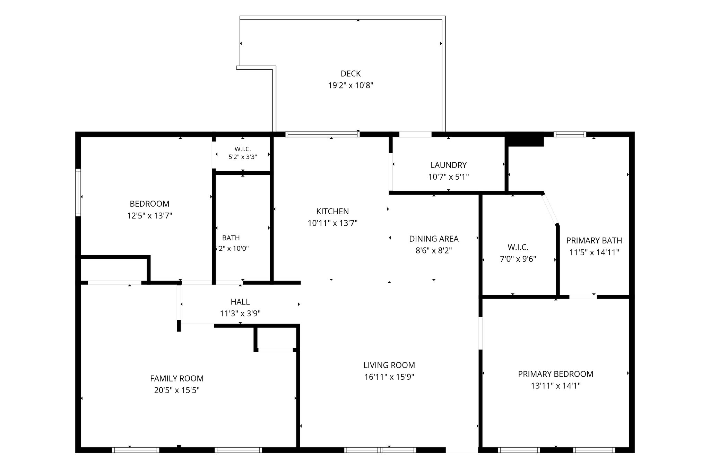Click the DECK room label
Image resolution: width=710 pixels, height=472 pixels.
(350, 74)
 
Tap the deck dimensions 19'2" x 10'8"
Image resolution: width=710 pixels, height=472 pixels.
(350, 85)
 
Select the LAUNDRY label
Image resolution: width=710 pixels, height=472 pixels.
(449, 165)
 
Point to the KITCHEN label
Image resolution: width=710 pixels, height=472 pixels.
(332, 211)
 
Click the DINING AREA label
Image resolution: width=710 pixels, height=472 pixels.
(434, 239)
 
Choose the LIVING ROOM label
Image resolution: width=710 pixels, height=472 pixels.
(389, 365)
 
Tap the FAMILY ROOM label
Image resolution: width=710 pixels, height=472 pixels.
(177, 378)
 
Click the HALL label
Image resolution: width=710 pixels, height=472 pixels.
(240, 302)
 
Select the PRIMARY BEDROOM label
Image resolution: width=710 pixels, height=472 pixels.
(556, 374)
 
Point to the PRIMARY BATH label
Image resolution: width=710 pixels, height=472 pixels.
(594, 240)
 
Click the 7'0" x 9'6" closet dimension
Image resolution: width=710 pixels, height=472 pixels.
(518, 259)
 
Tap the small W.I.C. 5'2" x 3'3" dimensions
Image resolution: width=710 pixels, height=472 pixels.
(243, 157)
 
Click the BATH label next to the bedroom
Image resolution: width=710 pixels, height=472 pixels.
(231, 238)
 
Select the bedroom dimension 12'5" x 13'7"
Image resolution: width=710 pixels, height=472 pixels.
(149, 216)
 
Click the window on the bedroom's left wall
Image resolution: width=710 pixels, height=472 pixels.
(78, 192)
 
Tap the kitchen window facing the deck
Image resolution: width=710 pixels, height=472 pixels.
(322, 135)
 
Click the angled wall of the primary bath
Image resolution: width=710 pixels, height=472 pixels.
(550, 209)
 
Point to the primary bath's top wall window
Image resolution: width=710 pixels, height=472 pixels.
(570, 135)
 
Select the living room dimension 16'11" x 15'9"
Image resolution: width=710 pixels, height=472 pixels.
(389, 377)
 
